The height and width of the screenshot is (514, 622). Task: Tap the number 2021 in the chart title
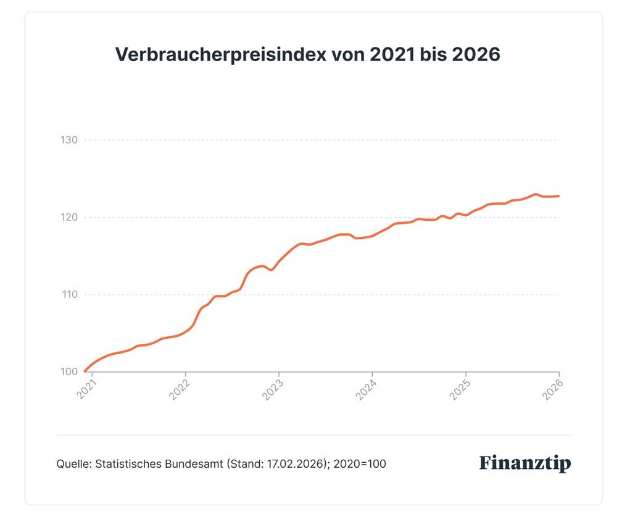point(392,54)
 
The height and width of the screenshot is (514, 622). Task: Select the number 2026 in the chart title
point(476,54)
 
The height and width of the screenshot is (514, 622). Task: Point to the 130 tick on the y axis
point(69,140)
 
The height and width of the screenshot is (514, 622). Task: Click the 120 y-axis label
point(69,217)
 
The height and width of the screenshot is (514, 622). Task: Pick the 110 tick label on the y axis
point(69,295)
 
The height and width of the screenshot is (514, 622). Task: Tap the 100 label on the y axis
point(69,371)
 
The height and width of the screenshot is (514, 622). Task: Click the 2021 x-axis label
point(86,389)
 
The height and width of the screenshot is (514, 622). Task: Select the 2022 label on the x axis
point(180,389)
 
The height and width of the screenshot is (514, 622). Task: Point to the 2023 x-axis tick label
point(273,389)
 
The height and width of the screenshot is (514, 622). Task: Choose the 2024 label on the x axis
point(366,389)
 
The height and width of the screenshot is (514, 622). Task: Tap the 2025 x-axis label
point(459,389)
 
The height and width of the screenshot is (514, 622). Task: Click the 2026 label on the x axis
point(553,389)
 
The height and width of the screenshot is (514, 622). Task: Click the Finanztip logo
point(525,463)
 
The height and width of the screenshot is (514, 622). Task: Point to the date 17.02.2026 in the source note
point(296,463)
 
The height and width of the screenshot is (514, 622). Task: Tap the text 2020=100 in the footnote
point(360,463)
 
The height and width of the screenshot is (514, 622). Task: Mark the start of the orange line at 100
point(85,371)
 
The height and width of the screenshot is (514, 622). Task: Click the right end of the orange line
point(558,196)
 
